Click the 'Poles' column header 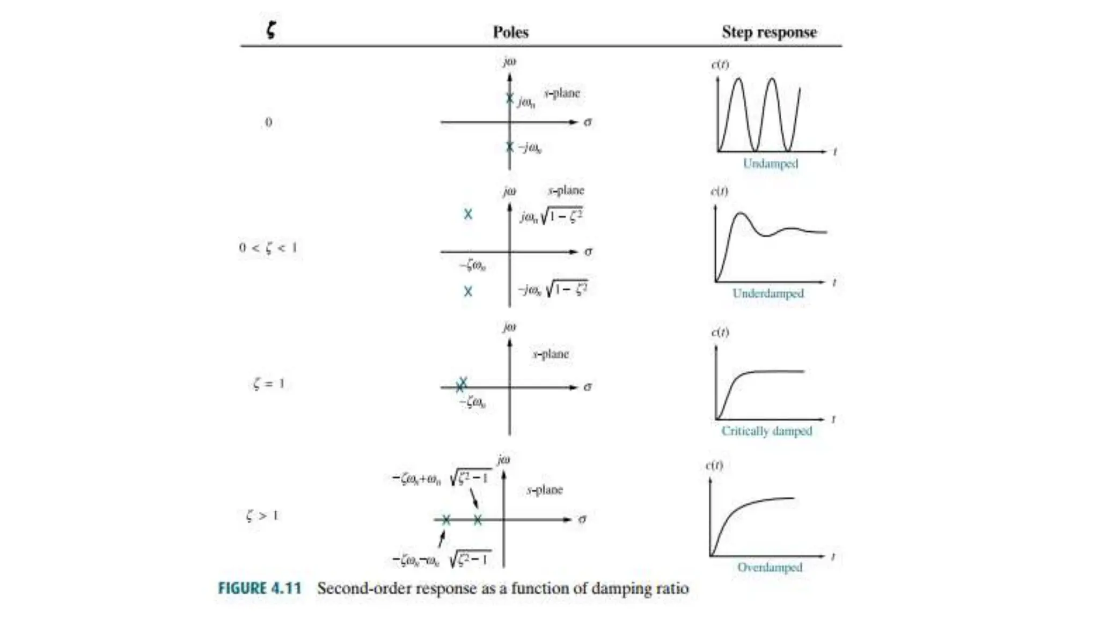510,32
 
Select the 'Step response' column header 768,32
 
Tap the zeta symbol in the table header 271,29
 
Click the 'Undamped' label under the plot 770,164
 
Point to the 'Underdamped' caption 768,293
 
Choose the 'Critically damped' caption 766,431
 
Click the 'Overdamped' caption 770,567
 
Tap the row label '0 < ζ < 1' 268,248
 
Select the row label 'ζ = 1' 268,384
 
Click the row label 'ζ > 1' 262,516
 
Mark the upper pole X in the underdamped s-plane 468,214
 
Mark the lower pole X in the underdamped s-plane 468,291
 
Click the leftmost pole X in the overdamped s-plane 446,519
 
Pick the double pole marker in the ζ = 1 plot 461,385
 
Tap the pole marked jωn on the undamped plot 510,98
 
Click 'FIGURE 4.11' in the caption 259,588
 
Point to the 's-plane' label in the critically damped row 551,354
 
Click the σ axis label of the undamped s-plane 588,122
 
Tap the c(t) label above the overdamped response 714,465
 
